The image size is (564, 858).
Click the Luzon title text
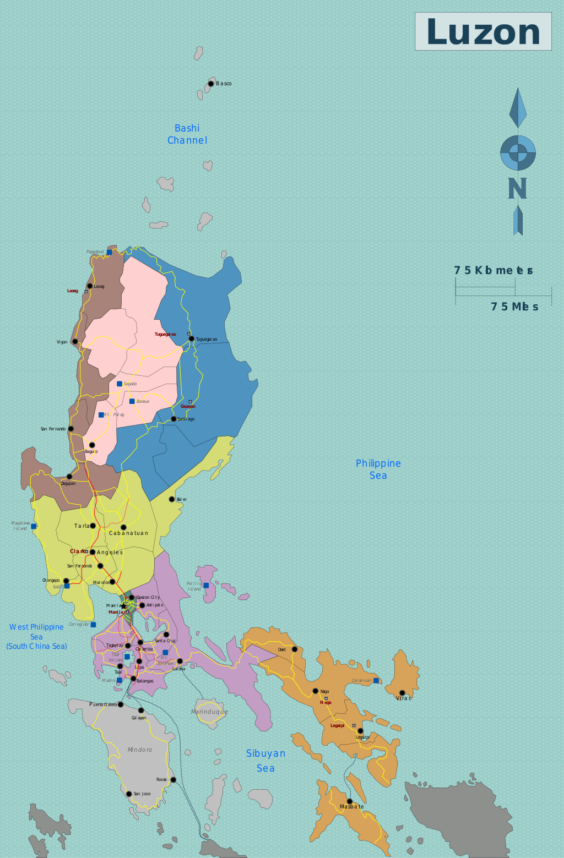point(483,32)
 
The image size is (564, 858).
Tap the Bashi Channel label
point(187,134)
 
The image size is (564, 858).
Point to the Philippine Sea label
point(378,469)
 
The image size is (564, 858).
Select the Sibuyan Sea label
point(265,761)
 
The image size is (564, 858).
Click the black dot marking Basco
point(210,84)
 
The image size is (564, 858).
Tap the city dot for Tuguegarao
point(191,339)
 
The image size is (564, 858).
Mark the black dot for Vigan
point(75,342)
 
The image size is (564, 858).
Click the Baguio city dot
point(92,445)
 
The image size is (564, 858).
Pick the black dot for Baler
point(172,499)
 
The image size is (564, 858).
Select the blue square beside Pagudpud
point(109,252)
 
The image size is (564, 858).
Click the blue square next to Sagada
point(120,384)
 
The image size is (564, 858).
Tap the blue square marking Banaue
point(132,401)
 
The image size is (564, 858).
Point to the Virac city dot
point(402,693)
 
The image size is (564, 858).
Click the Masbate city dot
point(349,801)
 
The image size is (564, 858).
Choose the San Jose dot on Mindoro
point(129,794)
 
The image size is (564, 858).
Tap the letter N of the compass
point(517,189)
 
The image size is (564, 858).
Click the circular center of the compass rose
point(518,152)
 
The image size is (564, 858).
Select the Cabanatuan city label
point(128,533)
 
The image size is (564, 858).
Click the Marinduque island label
point(209,712)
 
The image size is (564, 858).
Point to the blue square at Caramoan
point(376,681)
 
